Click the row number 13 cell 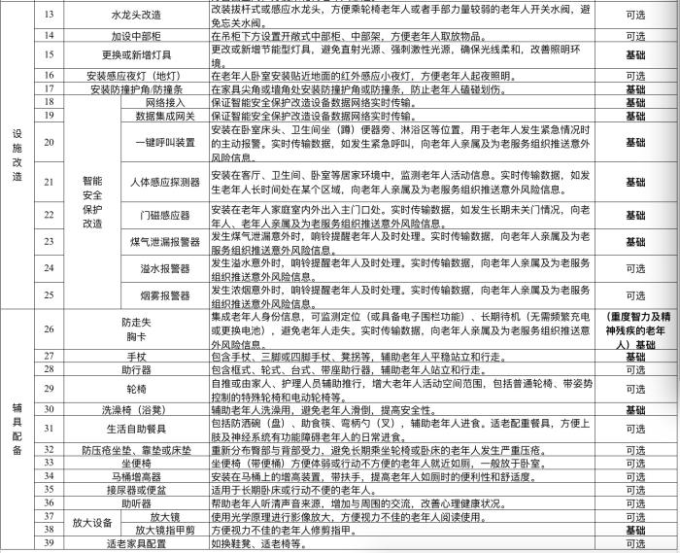pos(50,16)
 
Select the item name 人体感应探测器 pos(164,182)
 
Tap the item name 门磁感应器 pos(164,215)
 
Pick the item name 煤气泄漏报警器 pos(164,242)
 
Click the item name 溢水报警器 pos(164,268)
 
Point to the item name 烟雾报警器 pos(164,294)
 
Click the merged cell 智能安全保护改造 pos(92,201)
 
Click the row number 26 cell pos(50,330)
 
